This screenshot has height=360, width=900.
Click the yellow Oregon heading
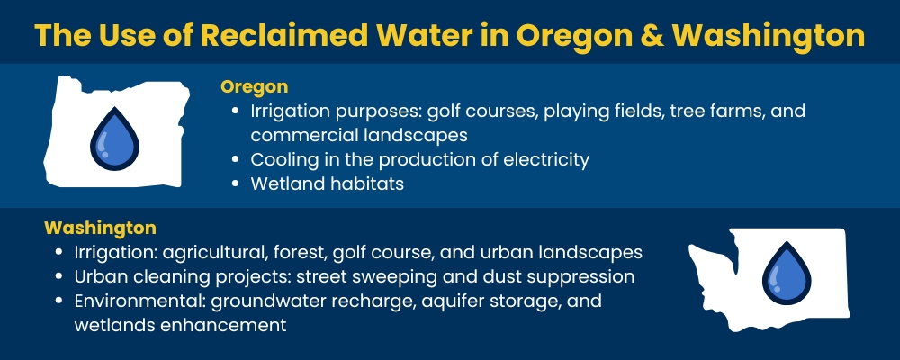[x=254, y=87]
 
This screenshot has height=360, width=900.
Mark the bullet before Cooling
[x=235, y=160]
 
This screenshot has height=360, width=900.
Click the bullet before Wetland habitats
[x=235, y=184]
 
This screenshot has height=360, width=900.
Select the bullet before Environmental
[x=59, y=300]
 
